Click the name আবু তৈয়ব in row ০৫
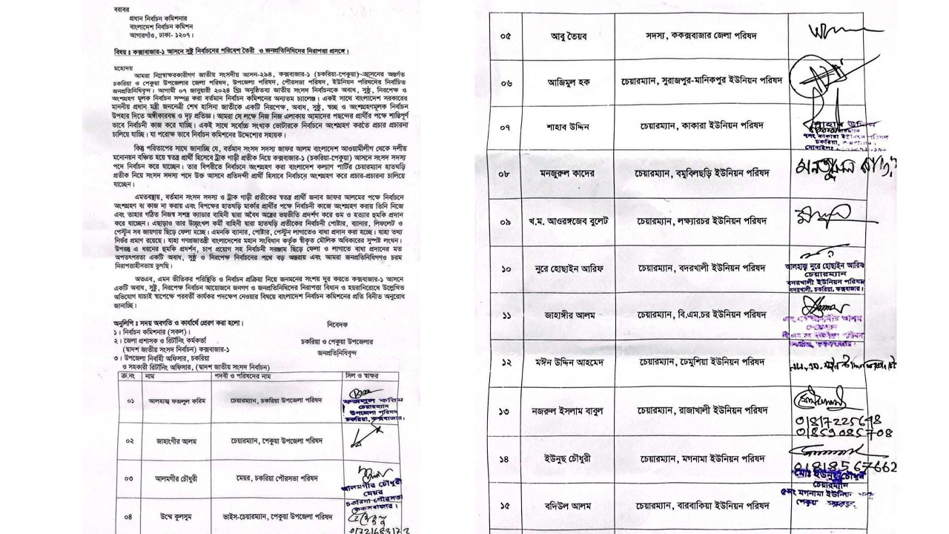pyautogui.click(x=569, y=36)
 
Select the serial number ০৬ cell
pyautogui.click(x=506, y=83)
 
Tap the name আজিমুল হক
pyautogui.click(x=569, y=83)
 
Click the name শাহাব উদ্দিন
pyautogui.click(x=569, y=128)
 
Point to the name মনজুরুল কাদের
pyautogui.click(x=569, y=174)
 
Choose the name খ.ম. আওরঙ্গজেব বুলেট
pyautogui.click(x=569, y=222)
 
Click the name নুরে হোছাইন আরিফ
pyautogui.click(x=569, y=268)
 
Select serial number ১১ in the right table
pyautogui.click(x=506, y=315)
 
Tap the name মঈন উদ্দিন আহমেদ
pyautogui.click(x=569, y=363)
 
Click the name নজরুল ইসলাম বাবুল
pyautogui.click(x=569, y=411)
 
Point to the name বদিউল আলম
pyautogui.click(x=569, y=506)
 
